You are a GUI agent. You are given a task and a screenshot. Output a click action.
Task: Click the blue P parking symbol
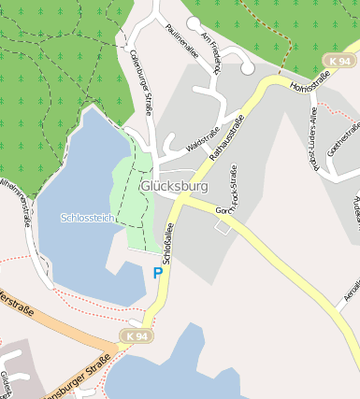tap(156, 273)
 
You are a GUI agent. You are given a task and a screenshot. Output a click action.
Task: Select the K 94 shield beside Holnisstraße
tap(339, 60)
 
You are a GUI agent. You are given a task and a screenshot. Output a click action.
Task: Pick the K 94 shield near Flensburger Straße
tap(136, 335)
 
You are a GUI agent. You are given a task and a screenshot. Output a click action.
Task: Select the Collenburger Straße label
tap(141, 84)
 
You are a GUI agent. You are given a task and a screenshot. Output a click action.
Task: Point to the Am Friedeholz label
tap(212, 52)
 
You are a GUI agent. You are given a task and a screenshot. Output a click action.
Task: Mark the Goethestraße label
tap(343, 140)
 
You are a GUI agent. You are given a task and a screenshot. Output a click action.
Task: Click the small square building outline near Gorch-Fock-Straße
tap(223, 226)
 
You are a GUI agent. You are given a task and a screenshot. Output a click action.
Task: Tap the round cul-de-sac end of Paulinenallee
tap(194, 22)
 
